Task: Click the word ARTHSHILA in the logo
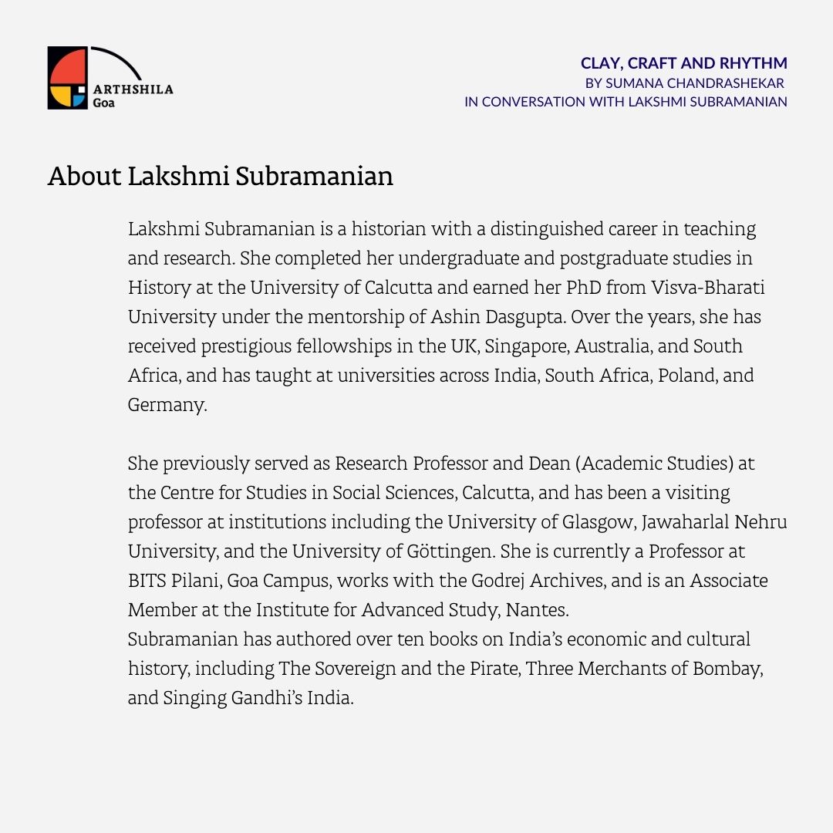(133, 89)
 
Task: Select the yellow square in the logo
(59, 98)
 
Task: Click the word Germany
(167, 405)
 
